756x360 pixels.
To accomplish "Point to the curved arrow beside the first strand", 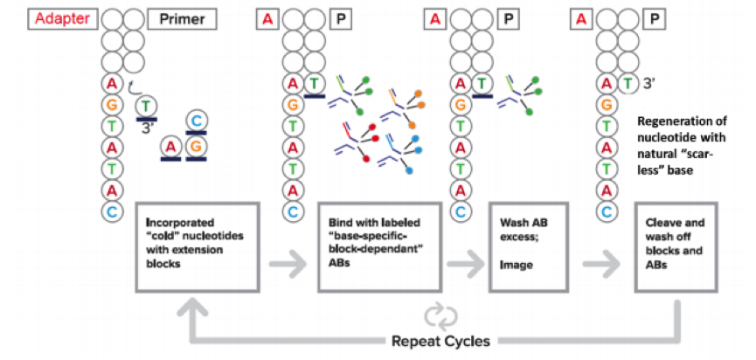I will pos(133,84).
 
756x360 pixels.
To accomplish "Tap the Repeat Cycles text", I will pos(441,341).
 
